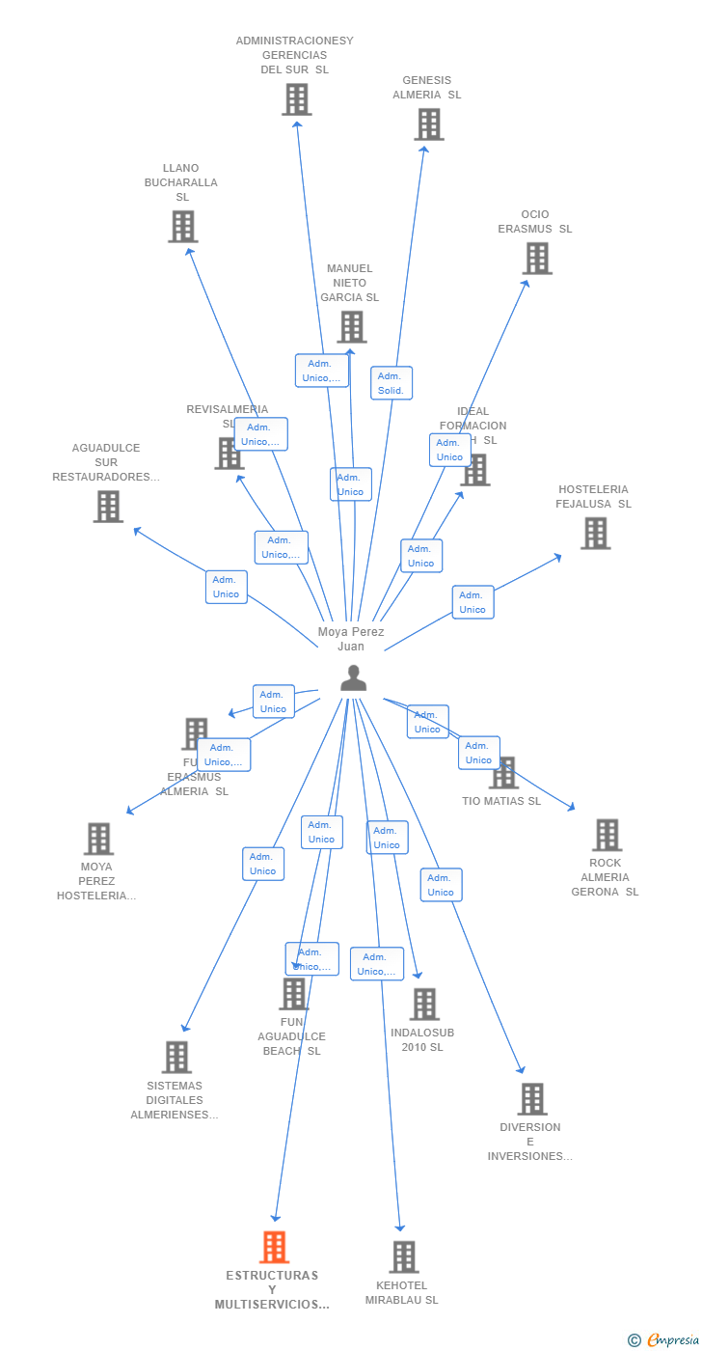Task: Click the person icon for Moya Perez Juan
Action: tap(354, 678)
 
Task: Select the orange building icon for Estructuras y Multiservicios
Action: tap(274, 1247)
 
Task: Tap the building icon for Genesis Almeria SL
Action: tap(429, 124)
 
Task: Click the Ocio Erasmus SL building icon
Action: tap(537, 259)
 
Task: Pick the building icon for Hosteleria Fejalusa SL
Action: tap(595, 533)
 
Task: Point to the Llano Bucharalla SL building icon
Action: tap(182, 226)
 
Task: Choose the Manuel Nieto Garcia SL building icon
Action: tap(351, 326)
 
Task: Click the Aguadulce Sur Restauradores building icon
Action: tap(108, 506)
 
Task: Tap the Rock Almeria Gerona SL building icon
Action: tap(607, 835)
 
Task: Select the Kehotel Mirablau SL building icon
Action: tap(404, 1256)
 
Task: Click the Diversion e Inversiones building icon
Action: tap(531, 1098)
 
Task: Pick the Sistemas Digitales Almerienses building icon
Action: tap(176, 1057)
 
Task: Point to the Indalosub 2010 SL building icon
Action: tap(424, 1004)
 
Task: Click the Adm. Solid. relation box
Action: tap(391, 383)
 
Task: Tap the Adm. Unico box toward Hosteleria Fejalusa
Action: tap(472, 602)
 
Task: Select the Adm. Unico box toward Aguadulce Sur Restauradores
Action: tap(226, 587)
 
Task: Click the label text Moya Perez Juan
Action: tap(351, 639)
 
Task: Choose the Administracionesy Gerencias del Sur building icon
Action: tap(296, 98)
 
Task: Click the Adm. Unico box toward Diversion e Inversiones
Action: tap(441, 885)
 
